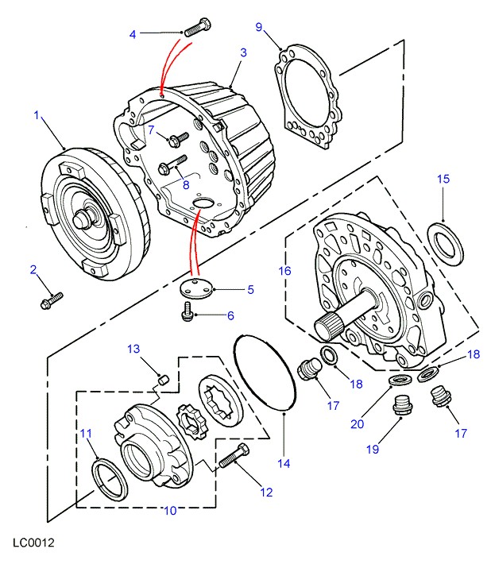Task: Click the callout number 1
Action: (37, 116)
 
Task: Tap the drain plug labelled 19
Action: (400, 407)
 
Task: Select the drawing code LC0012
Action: (33, 544)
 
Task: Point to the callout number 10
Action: (170, 511)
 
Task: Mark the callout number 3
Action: (243, 52)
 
